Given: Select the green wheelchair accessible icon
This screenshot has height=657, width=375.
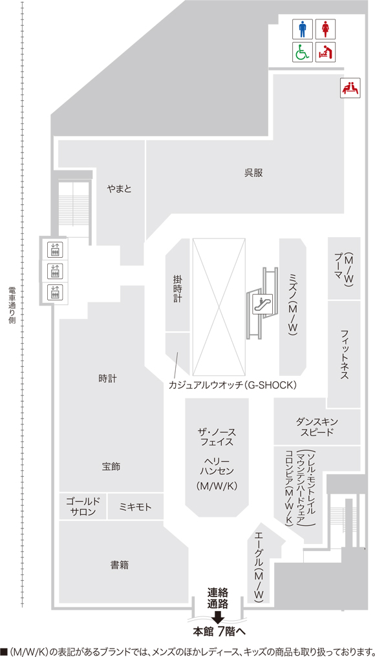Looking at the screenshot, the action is pyautogui.click(x=303, y=52).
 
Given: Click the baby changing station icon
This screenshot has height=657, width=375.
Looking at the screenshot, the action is pyautogui.click(x=325, y=52).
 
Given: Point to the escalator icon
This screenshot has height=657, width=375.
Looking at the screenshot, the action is pyautogui.click(x=263, y=304).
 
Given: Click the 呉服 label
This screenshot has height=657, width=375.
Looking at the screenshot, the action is pyautogui.click(x=253, y=172).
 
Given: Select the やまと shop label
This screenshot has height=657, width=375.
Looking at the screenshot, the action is pyautogui.click(x=119, y=189).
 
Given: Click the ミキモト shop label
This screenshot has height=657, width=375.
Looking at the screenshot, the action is pyautogui.click(x=136, y=507).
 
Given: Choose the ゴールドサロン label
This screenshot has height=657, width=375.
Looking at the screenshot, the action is pyautogui.click(x=83, y=506).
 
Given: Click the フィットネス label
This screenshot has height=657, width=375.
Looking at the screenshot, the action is pyautogui.click(x=345, y=355).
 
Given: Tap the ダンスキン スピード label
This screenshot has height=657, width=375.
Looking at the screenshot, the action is pyautogui.click(x=317, y=427).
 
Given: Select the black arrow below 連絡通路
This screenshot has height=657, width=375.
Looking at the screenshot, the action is pyautogui.click(x=217, y=616).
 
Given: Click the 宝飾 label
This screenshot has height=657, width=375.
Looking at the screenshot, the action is pyautogui.click(x=111, y=466).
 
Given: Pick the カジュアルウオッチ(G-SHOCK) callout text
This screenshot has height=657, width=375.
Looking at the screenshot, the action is pyautogui.click(x=233, y=384).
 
